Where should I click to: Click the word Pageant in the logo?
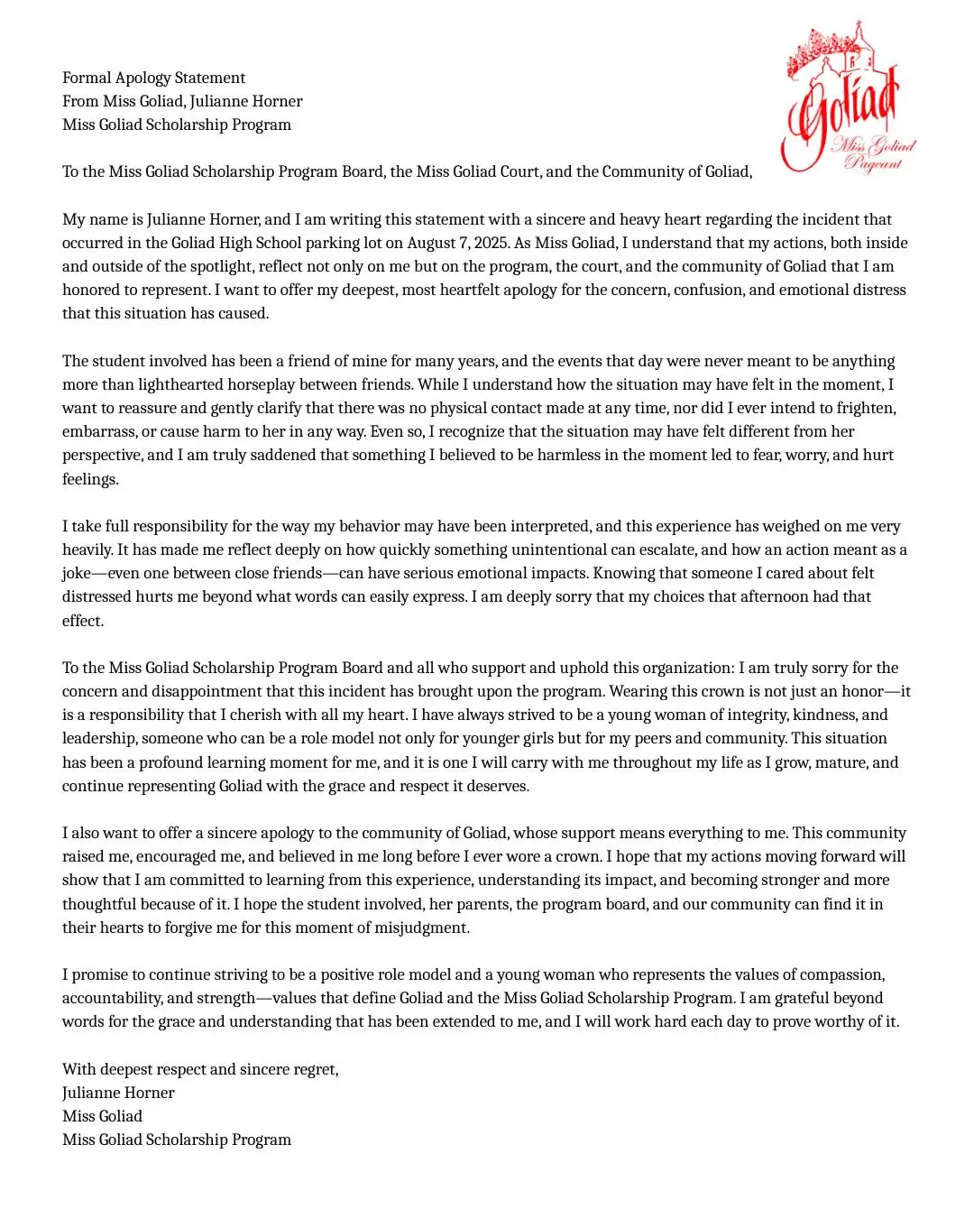coord(872,163)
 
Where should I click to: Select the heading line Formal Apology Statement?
coord(153,78)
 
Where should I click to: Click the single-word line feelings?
coord(90,479)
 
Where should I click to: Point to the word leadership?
coord(100,738)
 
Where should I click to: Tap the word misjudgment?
coord(419,927)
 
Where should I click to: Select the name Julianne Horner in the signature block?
coord(118,1093)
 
